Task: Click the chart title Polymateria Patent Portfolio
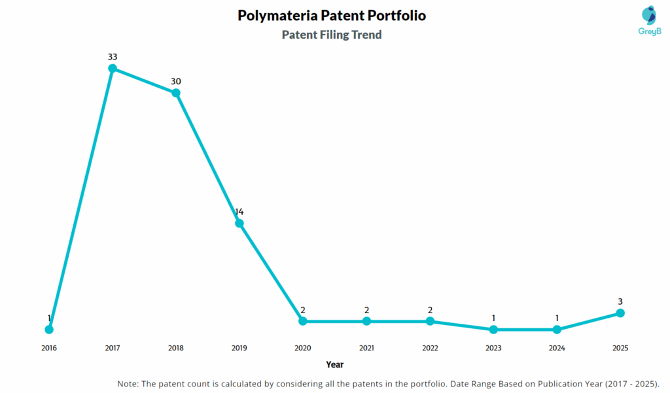coord(332,15)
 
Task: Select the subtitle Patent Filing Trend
coord(332,35)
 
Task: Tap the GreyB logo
coord(649,20)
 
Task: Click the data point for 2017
coord(113,68)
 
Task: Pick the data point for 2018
coord(176,93)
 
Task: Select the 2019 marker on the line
coord(239,223)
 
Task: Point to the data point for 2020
coord(303,321)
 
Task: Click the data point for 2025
coord(620,313)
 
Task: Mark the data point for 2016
coord(49,329)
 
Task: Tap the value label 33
coord(113,57)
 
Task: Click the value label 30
coord(176,82)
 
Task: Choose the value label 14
coord(239,212)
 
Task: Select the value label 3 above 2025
coord(620,301)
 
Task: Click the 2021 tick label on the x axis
coord(366,349)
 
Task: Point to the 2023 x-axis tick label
coord(493,349)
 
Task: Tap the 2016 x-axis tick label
coord(49,349)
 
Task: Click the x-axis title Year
coord(334,365)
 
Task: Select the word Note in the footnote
coord(128,383)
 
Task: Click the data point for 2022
coord(430,321)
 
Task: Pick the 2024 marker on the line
coord(557,330)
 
